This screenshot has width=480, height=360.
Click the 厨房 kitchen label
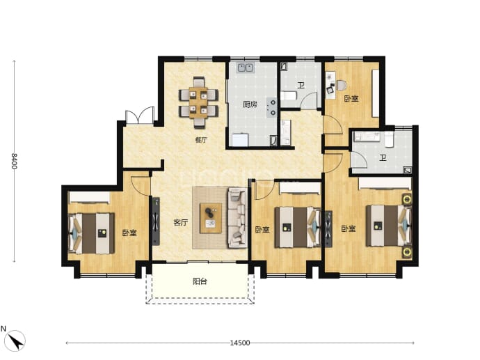click(x=250, y=104)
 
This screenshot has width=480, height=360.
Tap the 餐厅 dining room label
click(x=201, y=140)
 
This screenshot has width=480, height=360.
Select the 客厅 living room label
click(x=181, y=222)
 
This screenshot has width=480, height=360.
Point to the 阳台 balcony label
click(x=200, y=281)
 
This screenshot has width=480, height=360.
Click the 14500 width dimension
click(x=240, y=343)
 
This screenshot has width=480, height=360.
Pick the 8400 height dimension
click(x=14, y=161)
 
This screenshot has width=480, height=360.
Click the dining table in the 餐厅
click(x=198, y=102)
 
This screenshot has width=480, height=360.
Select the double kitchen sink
click(x=246, y=68)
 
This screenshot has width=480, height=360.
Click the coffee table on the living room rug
click(x=211, y=218)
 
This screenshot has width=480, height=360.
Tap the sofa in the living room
click(x=237, y=218)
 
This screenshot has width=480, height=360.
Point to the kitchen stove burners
click(x=271, y=107)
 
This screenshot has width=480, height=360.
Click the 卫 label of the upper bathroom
click(x=301, y=85)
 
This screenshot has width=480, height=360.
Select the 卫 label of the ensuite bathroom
click(x=383, y=158)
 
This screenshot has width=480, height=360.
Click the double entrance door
click(x=140, y=116)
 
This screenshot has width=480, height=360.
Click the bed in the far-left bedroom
click(x=91, y=233)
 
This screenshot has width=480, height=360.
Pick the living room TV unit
click(x=156, y=221)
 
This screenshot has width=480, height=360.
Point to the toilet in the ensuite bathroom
click(x=389, y=139)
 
